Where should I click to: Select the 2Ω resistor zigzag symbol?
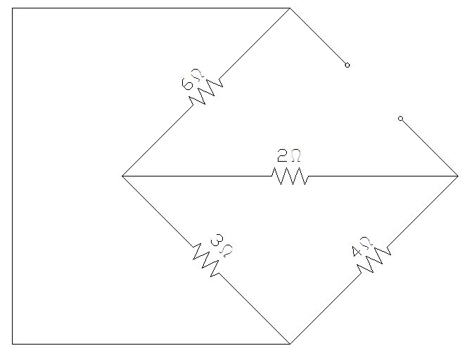tap(290, 176)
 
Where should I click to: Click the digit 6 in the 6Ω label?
tap(187, 84)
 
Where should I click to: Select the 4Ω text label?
tap(361, 246)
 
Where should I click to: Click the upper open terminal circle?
tap(347, 65)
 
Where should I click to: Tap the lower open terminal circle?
tap(401, 119)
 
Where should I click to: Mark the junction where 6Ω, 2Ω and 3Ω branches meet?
tap(122, 176)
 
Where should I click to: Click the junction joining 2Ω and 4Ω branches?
tap(458, 176)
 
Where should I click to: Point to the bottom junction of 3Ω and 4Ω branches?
tap(290, 344)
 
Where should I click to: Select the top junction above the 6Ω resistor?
tap(290, 8)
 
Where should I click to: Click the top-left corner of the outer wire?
tap(13, 8)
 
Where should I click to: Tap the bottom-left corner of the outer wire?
tap(13, 344)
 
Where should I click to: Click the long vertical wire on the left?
tap(13, 176)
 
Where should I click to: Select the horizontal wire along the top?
tap(151, 8)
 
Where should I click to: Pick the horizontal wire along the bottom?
tap(151, 344)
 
